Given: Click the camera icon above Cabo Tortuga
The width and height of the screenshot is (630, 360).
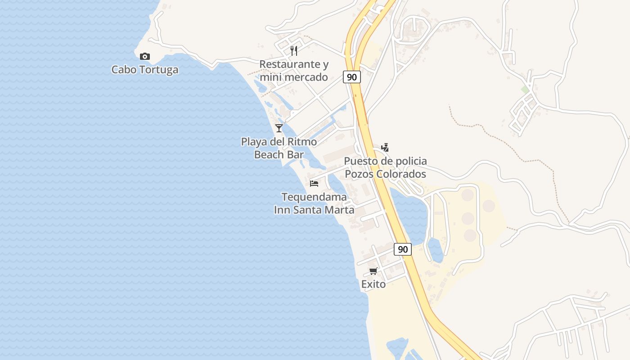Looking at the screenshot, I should point(144,56).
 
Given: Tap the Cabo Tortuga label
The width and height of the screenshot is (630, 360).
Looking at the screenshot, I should point(144,70).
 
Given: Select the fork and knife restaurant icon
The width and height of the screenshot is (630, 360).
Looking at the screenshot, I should point(294,50).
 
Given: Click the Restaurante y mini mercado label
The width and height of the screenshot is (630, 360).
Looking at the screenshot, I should point(294,71).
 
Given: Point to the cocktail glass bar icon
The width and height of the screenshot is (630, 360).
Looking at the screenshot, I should point(279,128).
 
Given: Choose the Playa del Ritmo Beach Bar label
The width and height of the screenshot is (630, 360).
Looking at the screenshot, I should point(279,148).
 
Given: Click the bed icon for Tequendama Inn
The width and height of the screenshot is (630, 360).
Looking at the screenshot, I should point(314,183).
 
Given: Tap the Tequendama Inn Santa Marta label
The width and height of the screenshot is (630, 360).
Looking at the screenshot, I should point(314,203).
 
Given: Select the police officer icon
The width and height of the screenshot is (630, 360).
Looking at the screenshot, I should point(385,147).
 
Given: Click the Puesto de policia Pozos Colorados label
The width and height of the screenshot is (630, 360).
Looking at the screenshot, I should point(385,167).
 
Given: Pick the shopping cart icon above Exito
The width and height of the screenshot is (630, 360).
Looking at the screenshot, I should point(373,271).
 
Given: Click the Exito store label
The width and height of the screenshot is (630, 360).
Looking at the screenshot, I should point(373,284).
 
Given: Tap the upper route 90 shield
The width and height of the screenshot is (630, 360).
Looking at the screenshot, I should point(352,77).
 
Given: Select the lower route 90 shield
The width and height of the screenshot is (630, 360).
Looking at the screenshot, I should point(403,249).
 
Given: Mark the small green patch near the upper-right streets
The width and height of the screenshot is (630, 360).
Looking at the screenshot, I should point(525,90).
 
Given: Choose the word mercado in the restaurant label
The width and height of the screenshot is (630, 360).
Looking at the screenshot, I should point(306,77).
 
